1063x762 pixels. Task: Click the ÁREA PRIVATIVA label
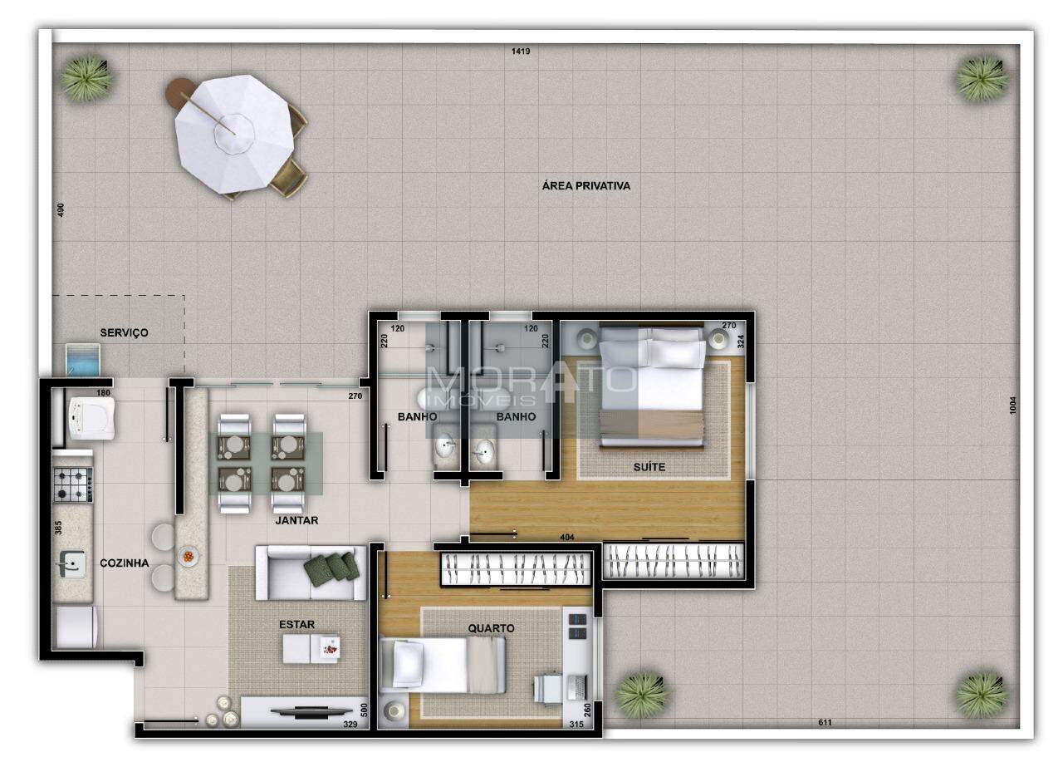point(586,185)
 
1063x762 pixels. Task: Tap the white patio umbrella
point(235,134)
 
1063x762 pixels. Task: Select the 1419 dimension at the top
point(521,52)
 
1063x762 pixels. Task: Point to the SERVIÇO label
point(124,333)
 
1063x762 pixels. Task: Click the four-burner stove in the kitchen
point(73,484)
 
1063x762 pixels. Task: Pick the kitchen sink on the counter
point(72,564)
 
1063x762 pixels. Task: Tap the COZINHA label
point(125,563)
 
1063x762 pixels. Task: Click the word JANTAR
point(296,520)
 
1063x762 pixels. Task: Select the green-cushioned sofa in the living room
point(311,573)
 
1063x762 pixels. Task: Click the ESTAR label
point(296,624)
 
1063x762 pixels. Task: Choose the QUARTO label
point(491,628)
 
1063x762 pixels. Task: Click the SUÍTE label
point(649,467)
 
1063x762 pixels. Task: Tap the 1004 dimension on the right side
point(1012,406)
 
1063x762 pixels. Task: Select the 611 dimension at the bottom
point(825,722)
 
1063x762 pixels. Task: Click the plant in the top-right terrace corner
point(982,79)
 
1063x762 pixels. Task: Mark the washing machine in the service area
point(92,418)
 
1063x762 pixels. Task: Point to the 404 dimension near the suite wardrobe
point(567,538)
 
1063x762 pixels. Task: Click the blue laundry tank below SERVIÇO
point(82,360)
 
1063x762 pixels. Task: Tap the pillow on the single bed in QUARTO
point(407,664)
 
